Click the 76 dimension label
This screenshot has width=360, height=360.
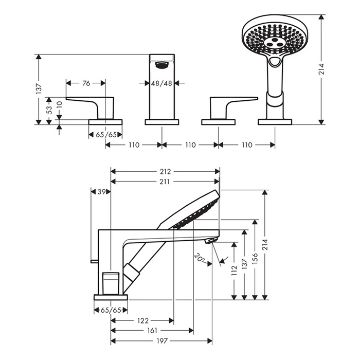tap(86, 83)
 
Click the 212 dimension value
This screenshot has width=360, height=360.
tap(165, 172)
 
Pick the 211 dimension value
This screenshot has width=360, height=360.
tap(165, 181)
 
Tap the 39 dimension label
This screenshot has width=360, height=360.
tap(101, 191)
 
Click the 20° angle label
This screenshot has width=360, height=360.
tap(199, 256)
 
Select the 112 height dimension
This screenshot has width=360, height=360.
tap(235, 271)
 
